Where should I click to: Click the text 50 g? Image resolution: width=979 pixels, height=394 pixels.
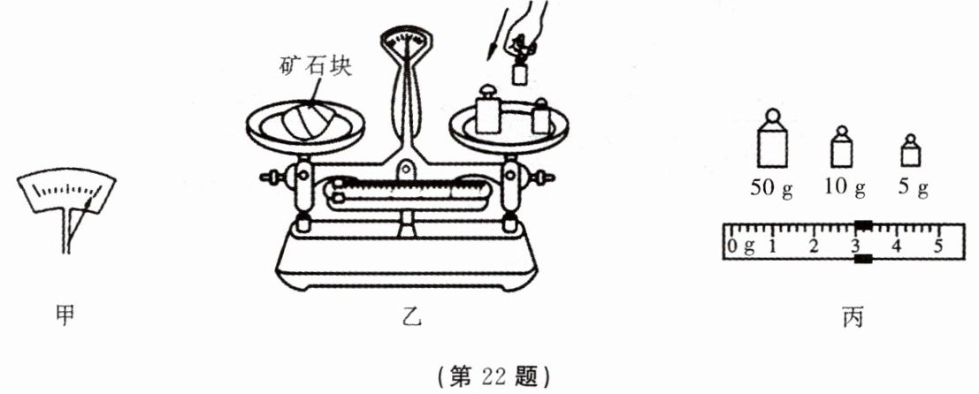[773, 187]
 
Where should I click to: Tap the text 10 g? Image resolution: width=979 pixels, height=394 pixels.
[842, 187]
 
